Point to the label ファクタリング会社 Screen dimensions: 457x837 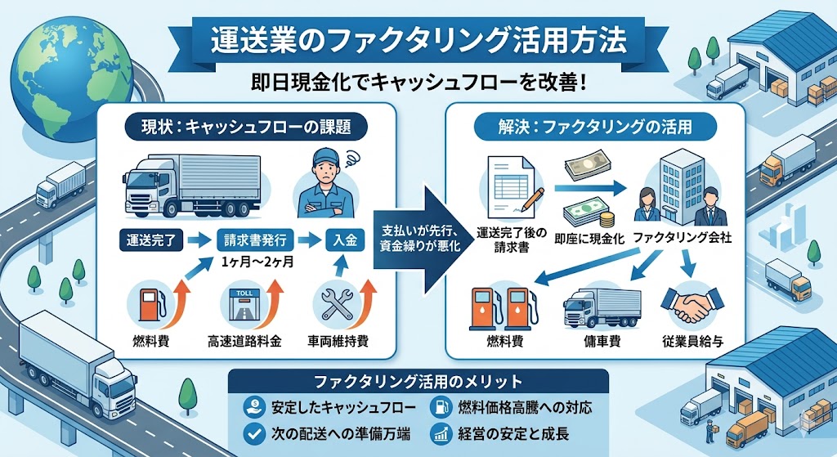tap(682, 241)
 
